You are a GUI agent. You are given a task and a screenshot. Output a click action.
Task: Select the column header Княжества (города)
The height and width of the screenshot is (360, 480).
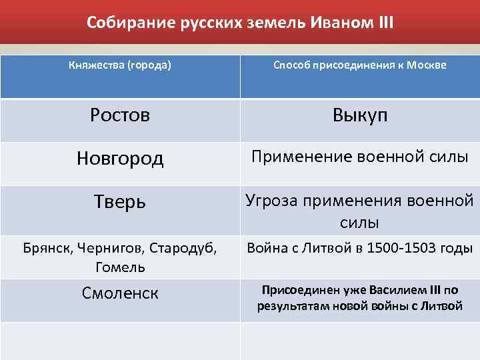coord(120,65)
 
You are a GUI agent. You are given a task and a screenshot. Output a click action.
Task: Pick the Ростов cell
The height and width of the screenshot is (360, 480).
coord(120,115)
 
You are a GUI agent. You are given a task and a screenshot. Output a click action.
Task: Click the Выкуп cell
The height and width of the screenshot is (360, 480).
coord(360,115)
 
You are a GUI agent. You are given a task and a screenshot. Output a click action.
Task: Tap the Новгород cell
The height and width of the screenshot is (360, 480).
coord(120,158)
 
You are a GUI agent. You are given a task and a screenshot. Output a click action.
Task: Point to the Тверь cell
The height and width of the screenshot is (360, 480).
coord(120,201)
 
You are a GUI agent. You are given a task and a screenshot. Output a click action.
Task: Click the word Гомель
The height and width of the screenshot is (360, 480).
coord(120,267)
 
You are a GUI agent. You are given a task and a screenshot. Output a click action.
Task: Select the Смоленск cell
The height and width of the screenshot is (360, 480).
coord(120,292)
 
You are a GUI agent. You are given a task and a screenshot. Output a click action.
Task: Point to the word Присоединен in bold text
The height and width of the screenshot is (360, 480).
coord(294,291)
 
